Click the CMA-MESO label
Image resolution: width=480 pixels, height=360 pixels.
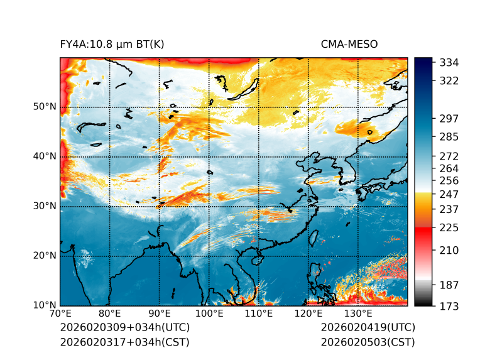pos(349,44)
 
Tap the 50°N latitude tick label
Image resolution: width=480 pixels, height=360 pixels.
pos(45,107)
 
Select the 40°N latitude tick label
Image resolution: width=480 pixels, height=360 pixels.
pos(45,156)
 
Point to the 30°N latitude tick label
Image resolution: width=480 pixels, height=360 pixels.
pos(45,206)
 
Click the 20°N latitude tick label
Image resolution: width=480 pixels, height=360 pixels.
pos(45,256)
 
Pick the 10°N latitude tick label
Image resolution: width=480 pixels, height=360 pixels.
pos(45,305)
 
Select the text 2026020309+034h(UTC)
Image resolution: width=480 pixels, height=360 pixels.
pos(124,328)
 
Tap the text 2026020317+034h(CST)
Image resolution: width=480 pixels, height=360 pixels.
pos(124,342)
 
